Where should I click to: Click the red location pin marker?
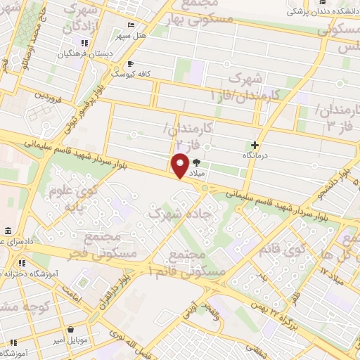click(180, 166)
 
